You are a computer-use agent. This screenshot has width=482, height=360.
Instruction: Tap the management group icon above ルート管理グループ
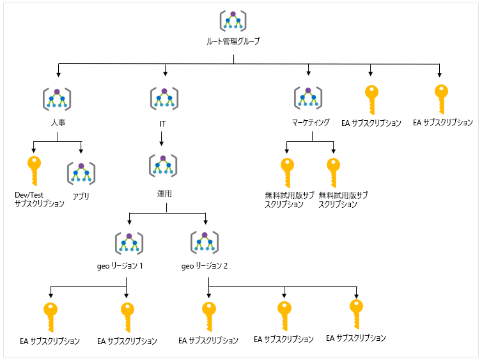point(233,21)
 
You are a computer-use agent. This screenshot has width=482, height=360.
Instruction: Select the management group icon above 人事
point(58,98)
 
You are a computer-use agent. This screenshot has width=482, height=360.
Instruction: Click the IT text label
point(164,121)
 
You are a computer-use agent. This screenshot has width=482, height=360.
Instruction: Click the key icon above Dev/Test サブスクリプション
point(34,170)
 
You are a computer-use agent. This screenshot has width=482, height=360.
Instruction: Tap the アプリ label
point(81,196)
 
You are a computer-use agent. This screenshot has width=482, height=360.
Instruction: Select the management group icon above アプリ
point(81,173)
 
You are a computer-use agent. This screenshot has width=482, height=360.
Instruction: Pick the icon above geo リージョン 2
point(205,242)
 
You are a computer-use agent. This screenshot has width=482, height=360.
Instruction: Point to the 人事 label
point(58,121)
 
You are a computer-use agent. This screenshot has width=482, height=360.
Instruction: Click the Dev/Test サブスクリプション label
point(40,200)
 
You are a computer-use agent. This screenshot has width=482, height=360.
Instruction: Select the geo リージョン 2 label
point(205,265)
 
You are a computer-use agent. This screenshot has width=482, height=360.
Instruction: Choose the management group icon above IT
point(164,98)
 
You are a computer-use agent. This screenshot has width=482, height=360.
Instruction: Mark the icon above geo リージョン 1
point(129,242)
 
